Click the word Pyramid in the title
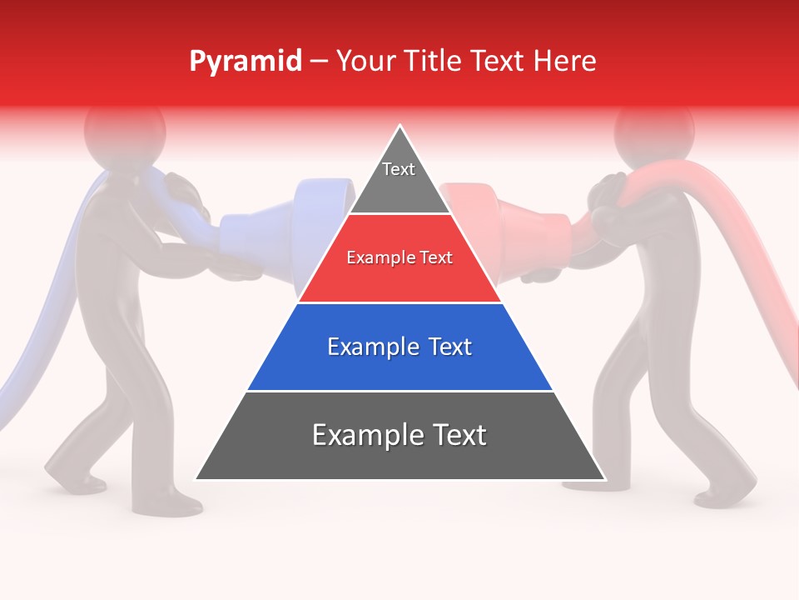(x=245, y=62)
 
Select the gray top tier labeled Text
(x=399, y=179)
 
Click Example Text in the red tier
(x=399, y=257)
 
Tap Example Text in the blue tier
(x=399, y=346)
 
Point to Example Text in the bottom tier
(x=399, y=434)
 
